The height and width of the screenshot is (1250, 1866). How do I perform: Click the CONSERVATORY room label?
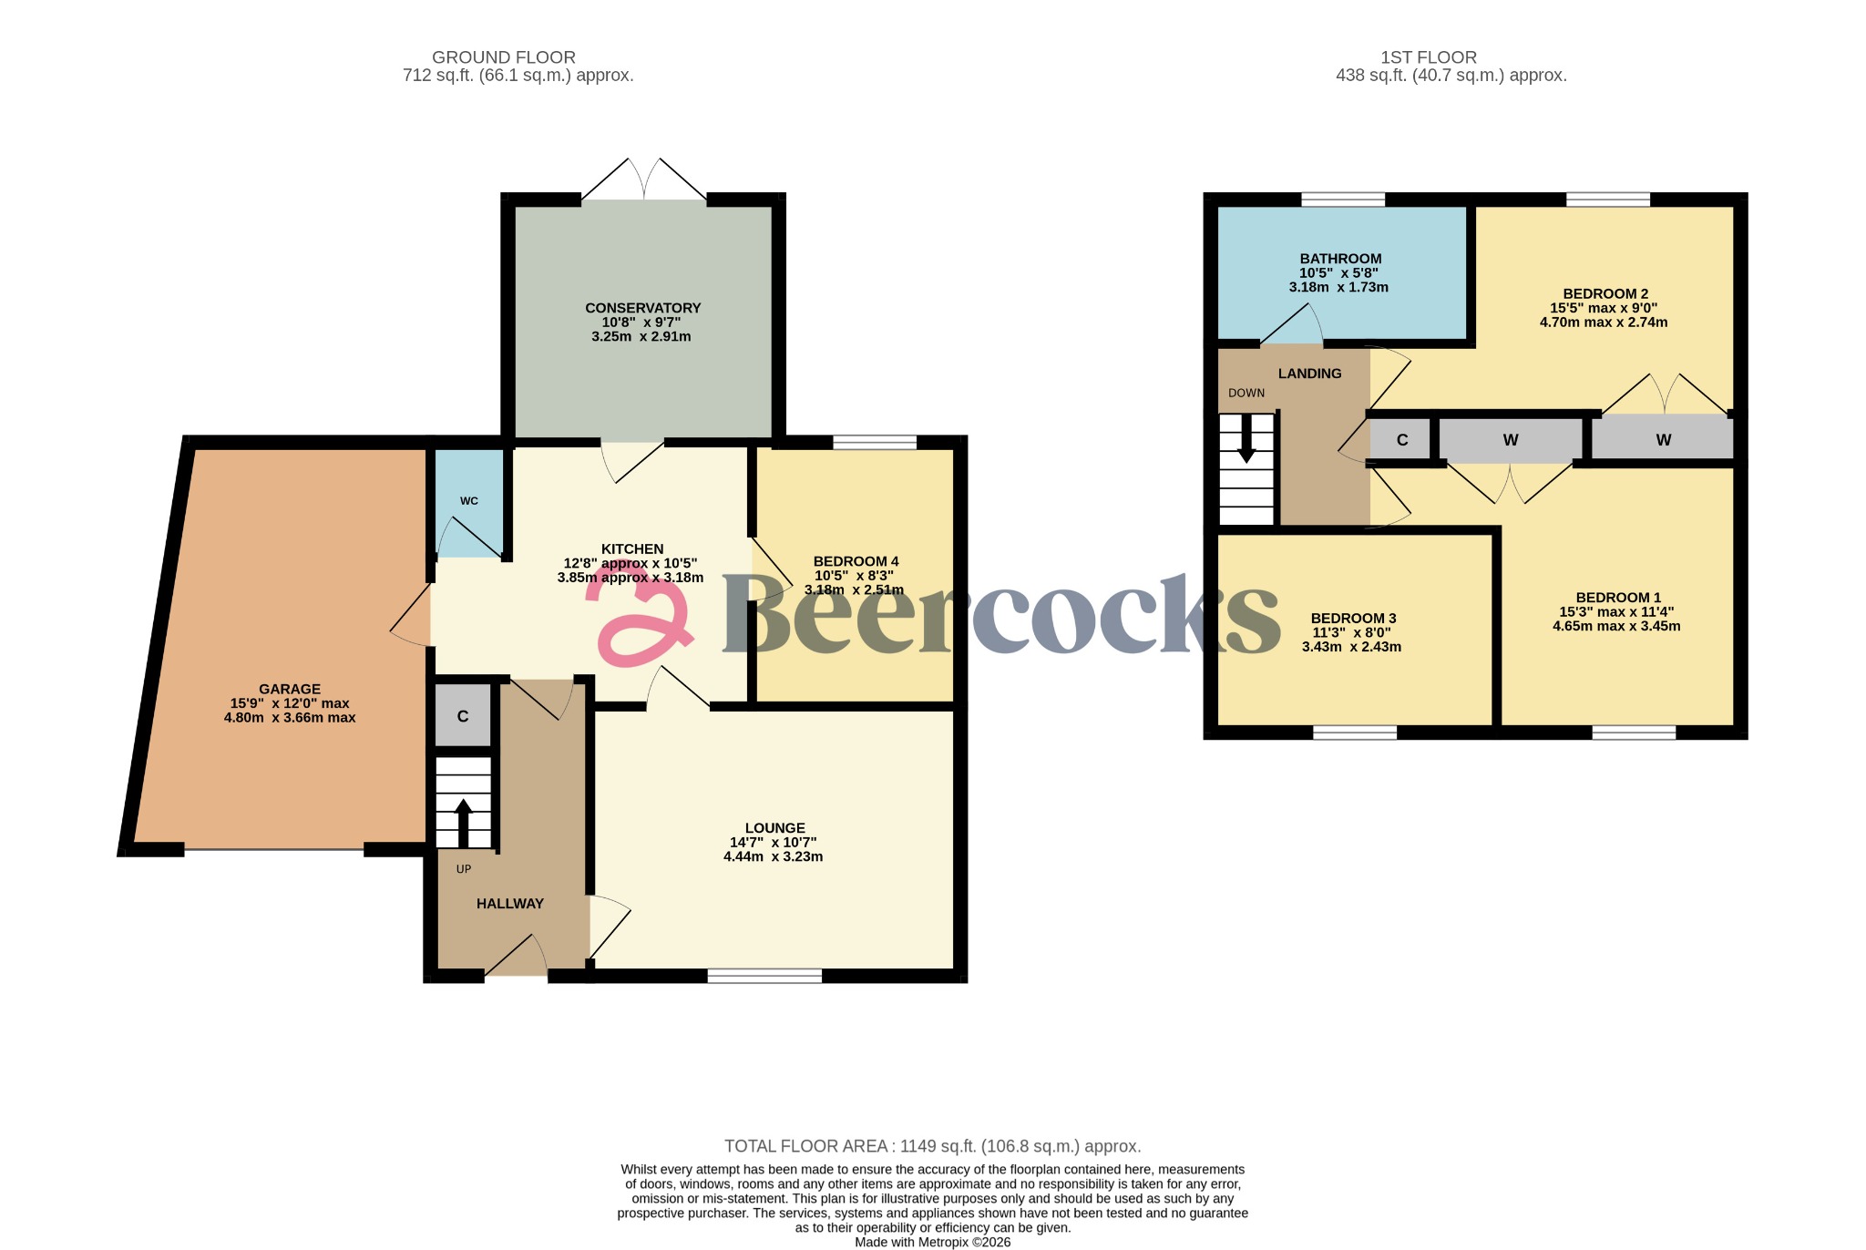click(642, 308)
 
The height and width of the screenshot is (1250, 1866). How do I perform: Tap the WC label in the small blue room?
click(469, 501)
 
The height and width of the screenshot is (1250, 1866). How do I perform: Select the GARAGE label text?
click(290, 689)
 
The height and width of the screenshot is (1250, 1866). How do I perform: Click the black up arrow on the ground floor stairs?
click(463, 821)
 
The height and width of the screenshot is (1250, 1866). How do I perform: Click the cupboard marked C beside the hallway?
click(463, 716)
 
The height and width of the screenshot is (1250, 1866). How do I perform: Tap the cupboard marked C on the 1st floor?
click(1402, 440)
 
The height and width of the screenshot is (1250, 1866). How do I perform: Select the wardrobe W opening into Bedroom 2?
click(1663, 440)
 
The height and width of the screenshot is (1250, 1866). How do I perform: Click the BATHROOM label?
click(1340, 259)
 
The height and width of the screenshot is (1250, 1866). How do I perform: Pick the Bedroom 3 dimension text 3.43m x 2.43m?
click(1351, 647)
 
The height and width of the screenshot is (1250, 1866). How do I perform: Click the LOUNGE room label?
click(774, 828)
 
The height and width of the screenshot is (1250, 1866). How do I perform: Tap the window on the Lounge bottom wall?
click(764, 976)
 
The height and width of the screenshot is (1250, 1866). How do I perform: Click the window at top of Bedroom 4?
click(875, 443)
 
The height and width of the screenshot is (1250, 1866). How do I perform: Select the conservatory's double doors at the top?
click(644, 180)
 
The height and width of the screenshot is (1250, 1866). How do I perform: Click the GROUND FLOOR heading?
click(503, 57)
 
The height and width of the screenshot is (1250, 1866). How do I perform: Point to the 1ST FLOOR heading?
click(1428, 57)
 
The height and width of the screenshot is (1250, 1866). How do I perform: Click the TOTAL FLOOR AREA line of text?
click(932, 1146)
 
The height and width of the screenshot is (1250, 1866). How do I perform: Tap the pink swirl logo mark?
click(638, 620)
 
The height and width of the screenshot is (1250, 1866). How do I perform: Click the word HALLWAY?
click(510, 904)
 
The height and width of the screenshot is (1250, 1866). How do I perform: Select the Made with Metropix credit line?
click(932, 1242)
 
